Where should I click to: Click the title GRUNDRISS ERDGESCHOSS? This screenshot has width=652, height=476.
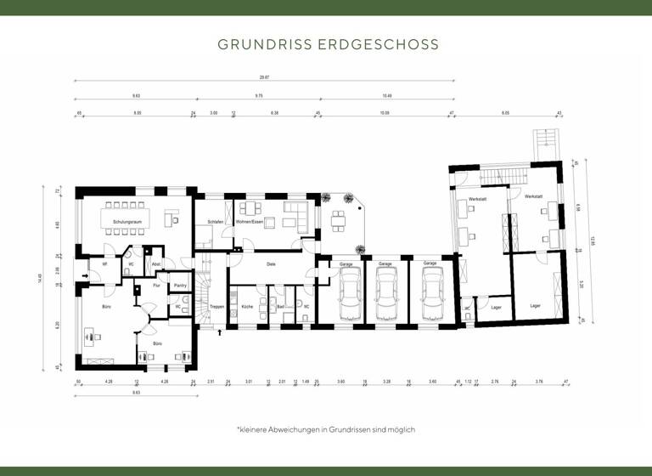point(327,42)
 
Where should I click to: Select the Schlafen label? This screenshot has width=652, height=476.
point(215,222)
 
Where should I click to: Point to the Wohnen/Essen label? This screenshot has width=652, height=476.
point(250,222)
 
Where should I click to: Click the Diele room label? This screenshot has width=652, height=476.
point(271,264)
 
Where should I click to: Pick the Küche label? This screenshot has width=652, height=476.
point(247,305)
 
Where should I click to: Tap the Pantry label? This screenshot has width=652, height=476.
point(179,286)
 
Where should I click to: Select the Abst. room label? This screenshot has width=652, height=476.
point(155,264)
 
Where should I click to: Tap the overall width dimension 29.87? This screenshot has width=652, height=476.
point(264,77)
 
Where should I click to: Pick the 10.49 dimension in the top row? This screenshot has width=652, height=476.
point(387,96)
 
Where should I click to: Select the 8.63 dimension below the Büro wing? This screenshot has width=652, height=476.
point(135,393)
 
